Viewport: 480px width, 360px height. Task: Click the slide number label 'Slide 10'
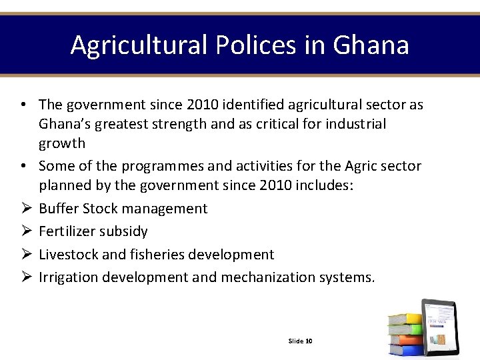click(300, 341)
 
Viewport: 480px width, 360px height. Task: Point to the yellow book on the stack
click(405, 319)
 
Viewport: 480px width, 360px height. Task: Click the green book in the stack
click(405, 329)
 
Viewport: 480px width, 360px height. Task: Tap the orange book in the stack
click(405, 339)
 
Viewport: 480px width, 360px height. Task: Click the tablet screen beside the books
click(441, 327)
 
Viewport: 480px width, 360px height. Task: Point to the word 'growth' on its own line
click(62, 144)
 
